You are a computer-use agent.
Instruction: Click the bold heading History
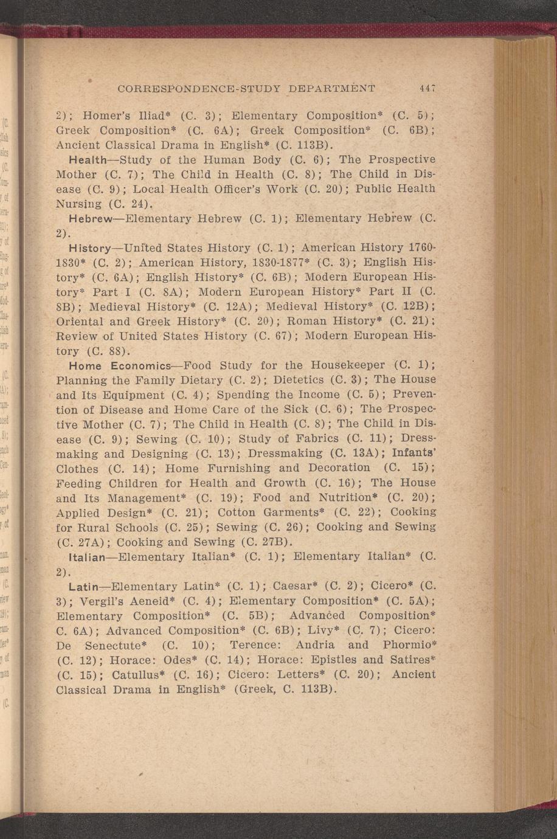coord(90,248)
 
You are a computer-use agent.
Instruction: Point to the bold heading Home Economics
coord(120,366)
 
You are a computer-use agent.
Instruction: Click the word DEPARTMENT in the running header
coord(332,88)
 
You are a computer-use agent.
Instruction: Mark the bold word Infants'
coord(414,453)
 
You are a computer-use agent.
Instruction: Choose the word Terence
coord(250,645)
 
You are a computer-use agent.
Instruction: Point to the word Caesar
coord(294,587)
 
